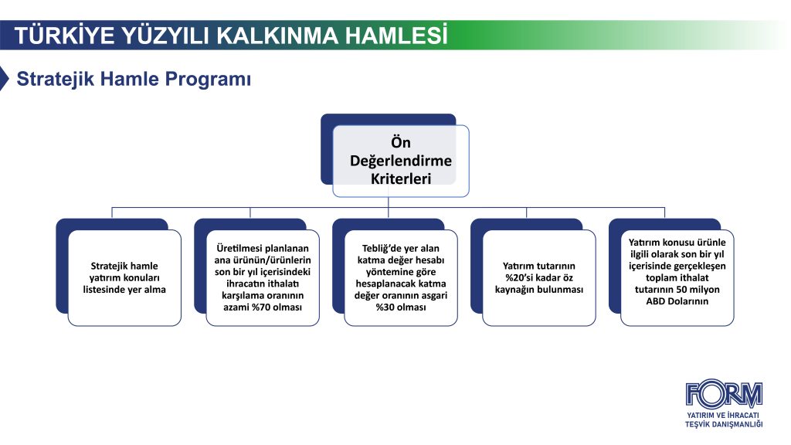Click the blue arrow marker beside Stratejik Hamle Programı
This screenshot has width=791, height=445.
[x=5, y=79]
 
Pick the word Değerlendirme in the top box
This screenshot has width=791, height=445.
[x=401, y=161]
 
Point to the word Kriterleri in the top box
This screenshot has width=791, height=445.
[x=401, y=178]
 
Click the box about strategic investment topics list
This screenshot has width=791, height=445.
[x=124, y=277]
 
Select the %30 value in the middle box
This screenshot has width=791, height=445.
[x=386, y=307]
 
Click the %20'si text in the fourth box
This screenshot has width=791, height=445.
[x=522, y=277]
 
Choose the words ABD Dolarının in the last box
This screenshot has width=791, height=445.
[x=677, y=301]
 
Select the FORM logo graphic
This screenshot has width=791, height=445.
[x=724, y=394]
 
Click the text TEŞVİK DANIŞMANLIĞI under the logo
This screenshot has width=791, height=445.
[x=724, y=424]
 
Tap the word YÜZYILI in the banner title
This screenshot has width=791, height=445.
[x=158, y=36]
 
